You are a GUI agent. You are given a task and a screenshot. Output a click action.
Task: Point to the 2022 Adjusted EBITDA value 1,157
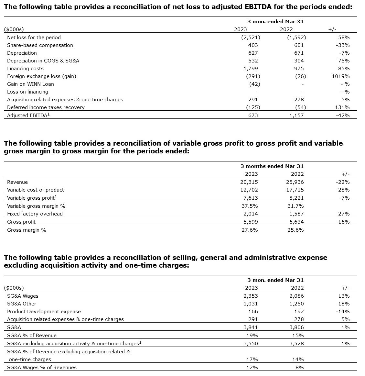click(297, 115)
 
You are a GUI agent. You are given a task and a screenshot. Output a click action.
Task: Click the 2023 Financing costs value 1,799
click(251, 69)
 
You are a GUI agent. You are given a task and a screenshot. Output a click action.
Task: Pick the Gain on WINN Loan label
click(30, 84)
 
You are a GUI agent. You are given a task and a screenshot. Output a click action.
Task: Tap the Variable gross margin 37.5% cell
click(251, 206)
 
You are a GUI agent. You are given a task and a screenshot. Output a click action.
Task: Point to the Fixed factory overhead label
click(35, 214)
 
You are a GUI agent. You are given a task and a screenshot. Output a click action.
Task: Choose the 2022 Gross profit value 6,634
click(297, 222)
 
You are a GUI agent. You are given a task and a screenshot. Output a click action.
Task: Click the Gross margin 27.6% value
click(251, 230)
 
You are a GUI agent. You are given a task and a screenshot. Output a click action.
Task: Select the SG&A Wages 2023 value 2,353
click(251, 296)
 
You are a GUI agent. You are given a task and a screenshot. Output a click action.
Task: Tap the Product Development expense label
click(44, 312)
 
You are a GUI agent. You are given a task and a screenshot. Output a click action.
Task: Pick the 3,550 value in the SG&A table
click(251, 344)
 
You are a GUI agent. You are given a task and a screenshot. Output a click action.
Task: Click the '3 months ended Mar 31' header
click(272, 166)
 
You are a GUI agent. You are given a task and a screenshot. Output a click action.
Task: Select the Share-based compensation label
click(40, 45)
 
